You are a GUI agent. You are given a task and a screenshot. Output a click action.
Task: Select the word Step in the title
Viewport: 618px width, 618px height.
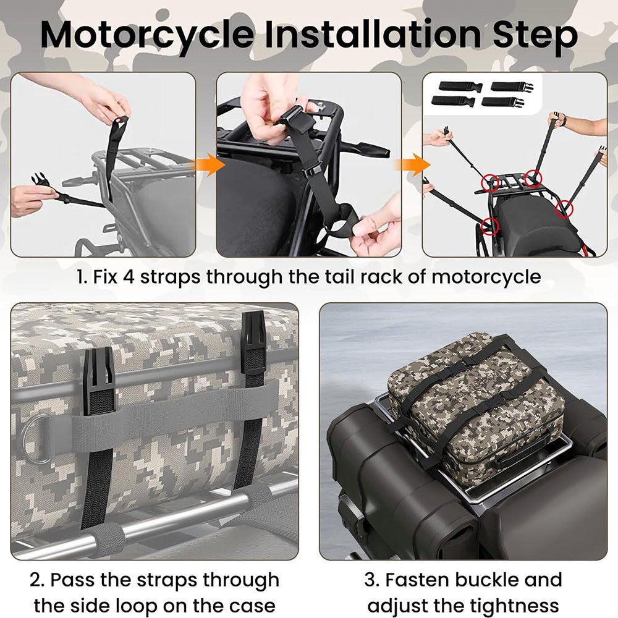(535, 36)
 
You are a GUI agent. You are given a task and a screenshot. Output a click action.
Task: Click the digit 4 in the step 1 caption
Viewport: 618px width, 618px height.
(129, 277)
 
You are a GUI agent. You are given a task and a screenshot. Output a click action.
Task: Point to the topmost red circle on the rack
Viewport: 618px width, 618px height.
(533, 178)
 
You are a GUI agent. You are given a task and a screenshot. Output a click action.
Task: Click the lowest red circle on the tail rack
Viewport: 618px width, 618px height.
(490, 226)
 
